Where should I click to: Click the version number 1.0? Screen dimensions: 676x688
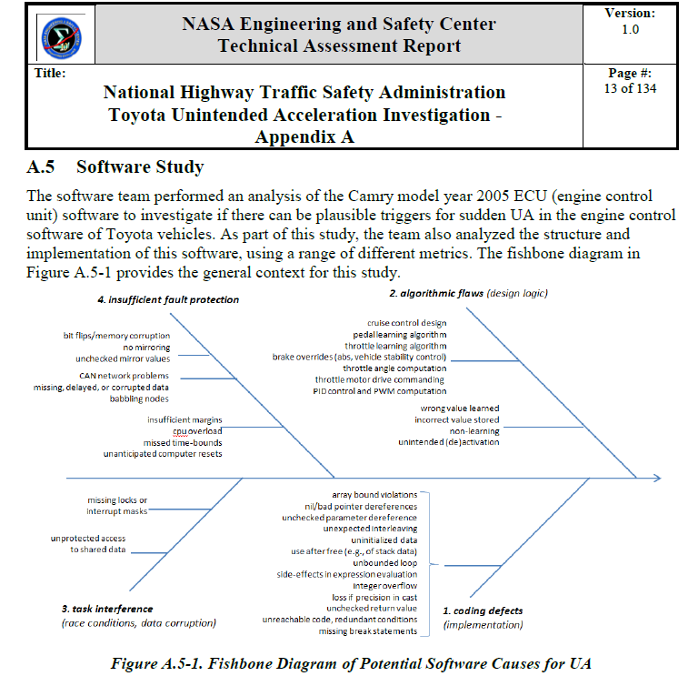click(x=630, y=29)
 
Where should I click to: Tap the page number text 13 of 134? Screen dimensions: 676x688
click(x=630, y=88)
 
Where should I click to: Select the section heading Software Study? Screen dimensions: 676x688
click(x=140, y=167)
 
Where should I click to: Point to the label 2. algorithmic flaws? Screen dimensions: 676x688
click(x=430, y=294)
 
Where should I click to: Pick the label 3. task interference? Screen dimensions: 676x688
click(x=107, y=608)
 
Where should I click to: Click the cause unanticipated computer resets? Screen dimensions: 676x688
click(x=163, y=454)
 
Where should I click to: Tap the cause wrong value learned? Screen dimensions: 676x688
click(x=458, y=409)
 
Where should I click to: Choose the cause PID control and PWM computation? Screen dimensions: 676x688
click(x=378, y=390)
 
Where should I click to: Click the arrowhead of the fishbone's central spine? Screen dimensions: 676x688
click(x=659, y=477)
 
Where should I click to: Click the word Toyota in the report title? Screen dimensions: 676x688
click(x=145, y=116)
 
